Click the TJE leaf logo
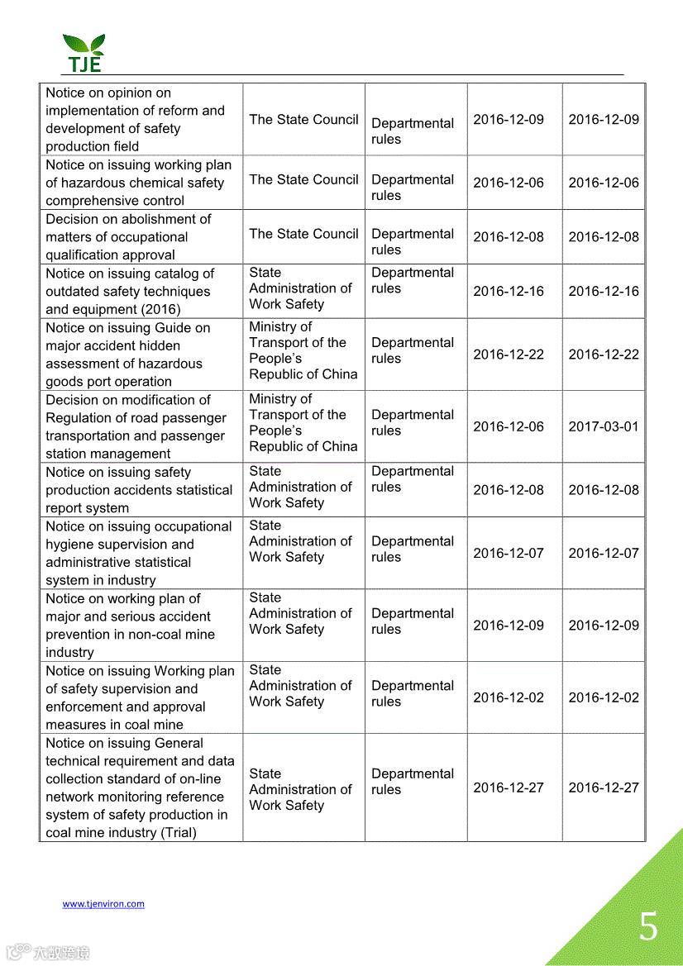[84, 53]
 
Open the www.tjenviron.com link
[103, 904]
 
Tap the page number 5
[648, 926]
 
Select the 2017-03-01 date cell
[604, 426]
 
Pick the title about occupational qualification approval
[128, 237]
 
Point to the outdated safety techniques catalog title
[130, 292]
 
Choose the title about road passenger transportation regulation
[136, 426]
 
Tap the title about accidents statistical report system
[139, 490]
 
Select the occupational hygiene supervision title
[138, 553]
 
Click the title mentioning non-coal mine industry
[130, 626]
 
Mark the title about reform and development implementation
[135, 120]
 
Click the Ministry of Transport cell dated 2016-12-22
[303, 350]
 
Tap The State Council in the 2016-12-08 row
[303, 234]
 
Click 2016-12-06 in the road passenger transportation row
[509, 426]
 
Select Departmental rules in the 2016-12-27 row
[413, 782]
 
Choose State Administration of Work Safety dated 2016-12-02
[300, 686]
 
